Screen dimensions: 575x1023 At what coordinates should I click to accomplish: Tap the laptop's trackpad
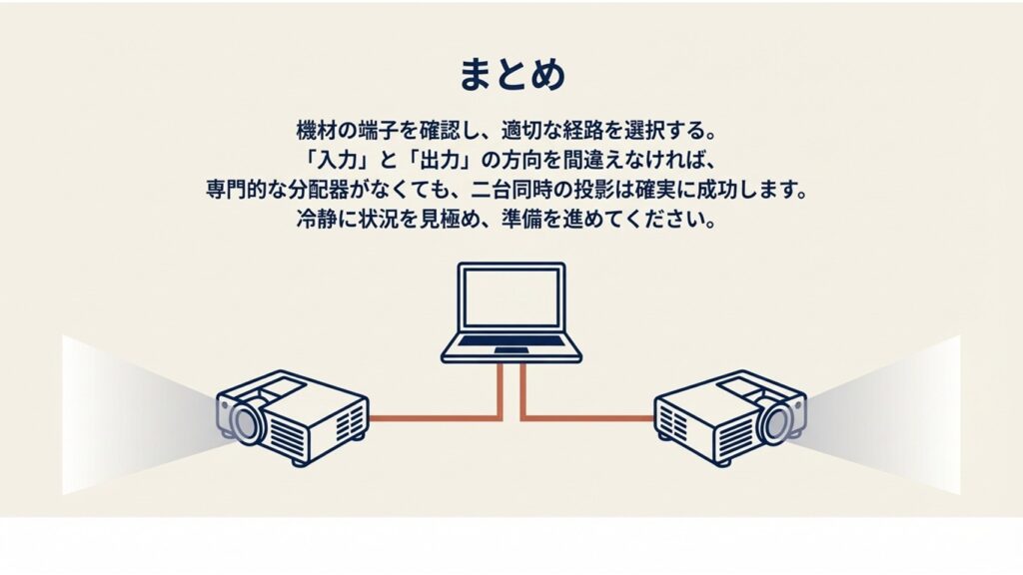click(511, 352)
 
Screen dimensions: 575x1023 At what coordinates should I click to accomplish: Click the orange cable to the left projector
click(440, 418)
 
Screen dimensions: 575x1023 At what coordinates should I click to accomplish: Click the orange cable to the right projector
click(584, 418)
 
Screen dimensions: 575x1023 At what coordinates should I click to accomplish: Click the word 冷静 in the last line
click(314, 219)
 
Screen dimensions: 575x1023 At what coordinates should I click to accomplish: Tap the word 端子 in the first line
click(379, 130)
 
